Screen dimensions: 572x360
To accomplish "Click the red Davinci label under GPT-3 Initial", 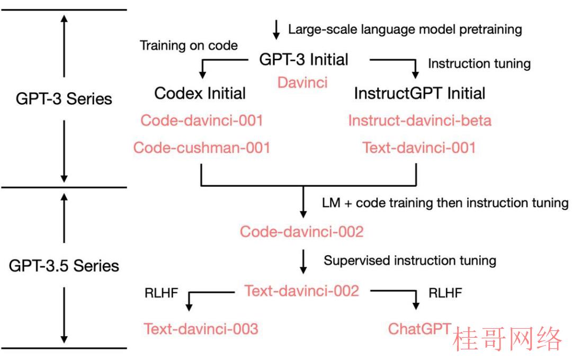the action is click(302, 83).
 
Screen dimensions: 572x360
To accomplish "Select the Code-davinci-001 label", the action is click(202, 120).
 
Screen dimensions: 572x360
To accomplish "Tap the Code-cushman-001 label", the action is click(202, 148).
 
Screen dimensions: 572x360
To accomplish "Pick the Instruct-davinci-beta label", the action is click(420, 120).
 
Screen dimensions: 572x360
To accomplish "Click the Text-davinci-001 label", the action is click(419, 148).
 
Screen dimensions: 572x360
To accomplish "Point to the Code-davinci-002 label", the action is click(302, 231).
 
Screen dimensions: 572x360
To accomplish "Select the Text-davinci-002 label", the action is click(302, 291).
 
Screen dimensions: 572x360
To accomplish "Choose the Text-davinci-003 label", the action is click(201, 329).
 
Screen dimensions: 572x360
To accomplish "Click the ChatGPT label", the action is click(420, 329).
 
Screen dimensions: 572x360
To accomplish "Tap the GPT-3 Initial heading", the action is click(304, 59).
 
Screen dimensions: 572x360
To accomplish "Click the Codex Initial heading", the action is click(200, 93).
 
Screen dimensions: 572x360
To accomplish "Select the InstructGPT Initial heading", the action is click(420, 93).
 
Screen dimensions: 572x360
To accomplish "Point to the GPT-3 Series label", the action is click(64, 99).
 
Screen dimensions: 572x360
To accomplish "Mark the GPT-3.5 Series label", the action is click(64, 266).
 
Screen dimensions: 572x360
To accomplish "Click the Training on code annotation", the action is click(189, 46).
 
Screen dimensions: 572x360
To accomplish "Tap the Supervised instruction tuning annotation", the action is click(410, 260).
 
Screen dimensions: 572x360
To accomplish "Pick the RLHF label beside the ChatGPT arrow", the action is click(445, 293).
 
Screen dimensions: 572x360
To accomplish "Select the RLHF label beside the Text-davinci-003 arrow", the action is click(161, 293).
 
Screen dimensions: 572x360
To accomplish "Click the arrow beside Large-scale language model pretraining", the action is click(276, 30).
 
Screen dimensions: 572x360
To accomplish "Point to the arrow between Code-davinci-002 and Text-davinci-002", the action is click(303, 262).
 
